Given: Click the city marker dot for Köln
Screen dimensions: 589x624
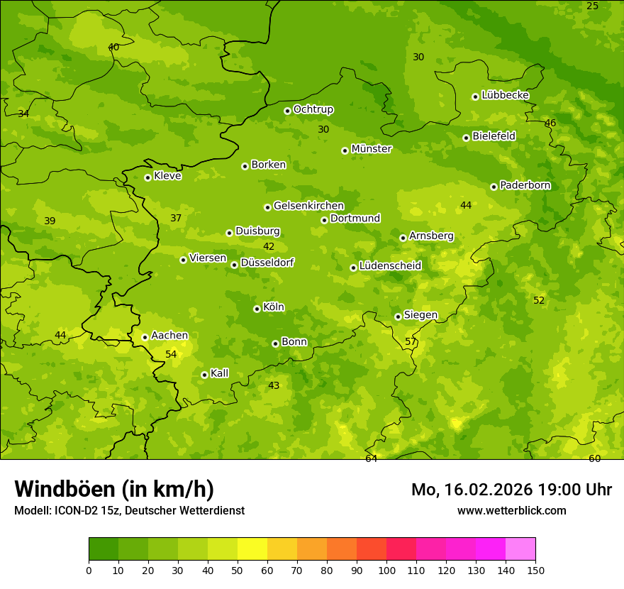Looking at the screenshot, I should (x=257, y=309).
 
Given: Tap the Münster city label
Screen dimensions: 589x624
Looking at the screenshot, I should (x=372, y=149).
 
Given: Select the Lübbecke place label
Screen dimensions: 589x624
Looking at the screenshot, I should (x=505, y=95).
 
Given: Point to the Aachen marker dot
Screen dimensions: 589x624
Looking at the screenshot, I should (x=145, y=337).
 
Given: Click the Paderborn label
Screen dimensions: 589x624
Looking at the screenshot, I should (x=525, y=185).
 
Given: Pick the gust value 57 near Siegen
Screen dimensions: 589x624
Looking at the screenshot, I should (x=411, y=341).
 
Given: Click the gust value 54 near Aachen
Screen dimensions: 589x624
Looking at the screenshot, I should (x=171, y=354).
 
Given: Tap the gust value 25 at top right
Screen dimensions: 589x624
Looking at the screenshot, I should (x=592, y=6).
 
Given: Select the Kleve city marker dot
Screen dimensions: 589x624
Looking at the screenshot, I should (x=147, y=177).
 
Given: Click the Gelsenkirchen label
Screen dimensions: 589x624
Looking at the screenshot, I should (x=308, y=206).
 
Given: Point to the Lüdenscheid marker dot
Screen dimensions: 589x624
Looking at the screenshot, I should (x=353, y=268).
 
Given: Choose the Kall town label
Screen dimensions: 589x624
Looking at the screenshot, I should (x=219, y=373).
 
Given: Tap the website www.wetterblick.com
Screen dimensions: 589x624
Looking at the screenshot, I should (x=511, y=510).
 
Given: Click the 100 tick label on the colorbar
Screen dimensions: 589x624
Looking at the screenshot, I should (x=386, y=570).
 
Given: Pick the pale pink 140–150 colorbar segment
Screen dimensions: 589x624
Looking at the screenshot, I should (x=520, y=549).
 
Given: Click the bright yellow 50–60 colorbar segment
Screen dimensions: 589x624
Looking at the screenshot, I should (x=252, y=549).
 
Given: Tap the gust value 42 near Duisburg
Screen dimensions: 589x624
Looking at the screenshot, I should (x=269, y=247).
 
